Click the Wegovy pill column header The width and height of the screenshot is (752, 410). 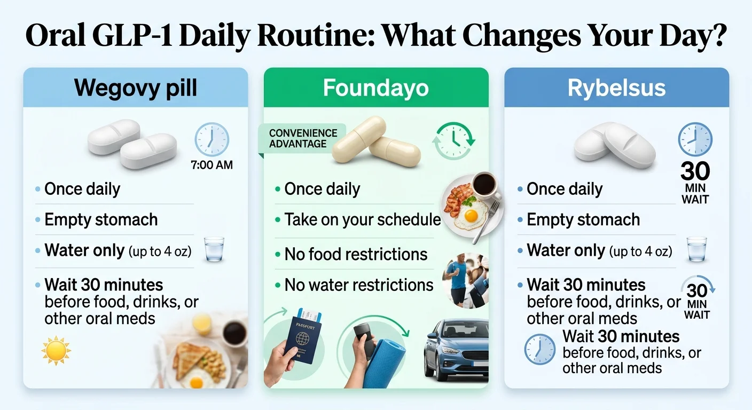136,88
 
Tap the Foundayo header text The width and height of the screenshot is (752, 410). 375,88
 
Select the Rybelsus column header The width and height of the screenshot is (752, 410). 616,88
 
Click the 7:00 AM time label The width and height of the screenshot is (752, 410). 212,165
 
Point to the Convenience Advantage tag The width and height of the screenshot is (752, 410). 303,138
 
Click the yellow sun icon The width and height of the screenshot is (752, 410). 56,351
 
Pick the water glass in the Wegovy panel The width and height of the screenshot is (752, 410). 214,249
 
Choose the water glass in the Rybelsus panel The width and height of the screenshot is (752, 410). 696,249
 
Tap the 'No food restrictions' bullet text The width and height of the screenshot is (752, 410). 356,254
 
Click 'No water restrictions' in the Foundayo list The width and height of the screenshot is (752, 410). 358,285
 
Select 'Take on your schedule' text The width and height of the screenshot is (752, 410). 362,219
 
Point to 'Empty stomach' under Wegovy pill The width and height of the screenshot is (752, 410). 101,219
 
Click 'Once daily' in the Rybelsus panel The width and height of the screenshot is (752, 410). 565,189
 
